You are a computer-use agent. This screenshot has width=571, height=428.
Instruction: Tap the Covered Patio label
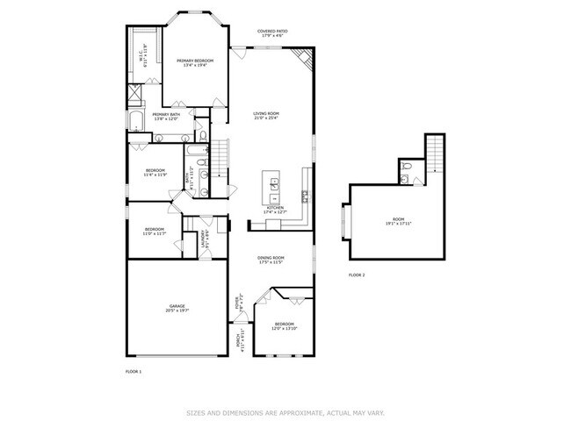pos(272,33)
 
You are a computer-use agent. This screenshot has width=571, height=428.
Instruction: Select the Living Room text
pos(266,116)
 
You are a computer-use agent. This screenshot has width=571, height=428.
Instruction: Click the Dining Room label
pos(271,260)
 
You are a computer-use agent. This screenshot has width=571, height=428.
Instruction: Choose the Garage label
pos(178,309)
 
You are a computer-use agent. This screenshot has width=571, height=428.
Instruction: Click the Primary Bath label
pos(166,117)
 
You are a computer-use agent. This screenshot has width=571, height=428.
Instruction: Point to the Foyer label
pos(238,303)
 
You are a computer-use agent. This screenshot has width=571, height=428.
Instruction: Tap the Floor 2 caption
pos(357,275)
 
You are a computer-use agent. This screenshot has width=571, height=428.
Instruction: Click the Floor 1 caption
pos(134,372)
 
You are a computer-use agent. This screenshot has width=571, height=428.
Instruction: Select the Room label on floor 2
pos(398,222)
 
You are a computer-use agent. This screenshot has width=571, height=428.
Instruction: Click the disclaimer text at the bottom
pos(284,412)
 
